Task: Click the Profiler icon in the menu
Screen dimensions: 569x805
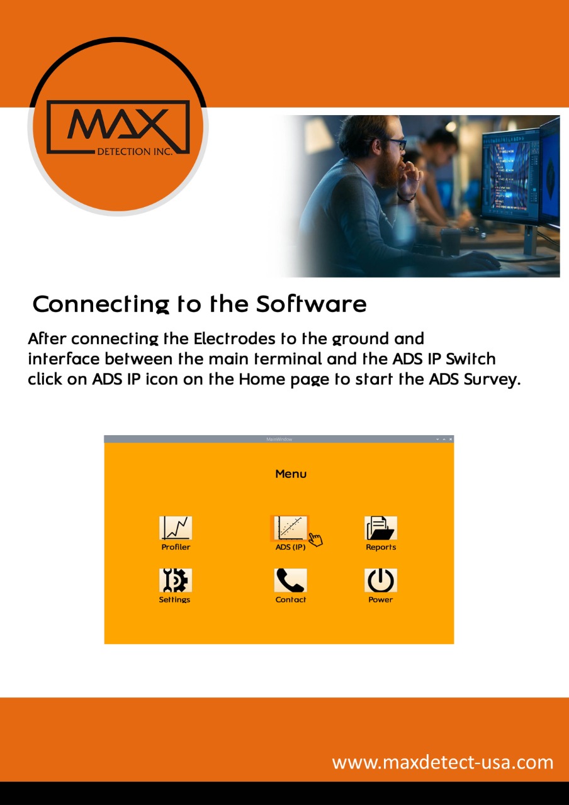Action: [x=176, y=528]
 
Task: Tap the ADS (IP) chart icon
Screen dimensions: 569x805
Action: [x=290, y=528]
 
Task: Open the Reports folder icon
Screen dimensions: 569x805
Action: [x=381, y=528]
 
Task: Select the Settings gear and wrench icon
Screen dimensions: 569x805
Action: [x=176, y=580]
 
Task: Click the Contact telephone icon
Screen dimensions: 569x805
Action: [x=290, y=580]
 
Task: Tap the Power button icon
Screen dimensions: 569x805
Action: [x=381, y=580]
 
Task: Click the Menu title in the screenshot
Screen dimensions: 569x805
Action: [x=291, y=474]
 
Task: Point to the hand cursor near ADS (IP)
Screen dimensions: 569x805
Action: [x=316, y=540]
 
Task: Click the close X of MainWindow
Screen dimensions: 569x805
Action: [x=450, y=439]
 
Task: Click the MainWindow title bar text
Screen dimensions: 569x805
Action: [x=279, y=439]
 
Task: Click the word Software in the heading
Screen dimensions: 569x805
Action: [x=311, y=304]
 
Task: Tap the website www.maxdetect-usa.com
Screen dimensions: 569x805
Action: [x=442, y=762]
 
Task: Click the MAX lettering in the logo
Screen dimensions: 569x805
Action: [x=118, y=124]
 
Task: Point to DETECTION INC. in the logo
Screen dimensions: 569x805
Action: [x=135, y=152]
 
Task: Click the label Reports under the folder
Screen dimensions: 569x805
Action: [x=381, y=547]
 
